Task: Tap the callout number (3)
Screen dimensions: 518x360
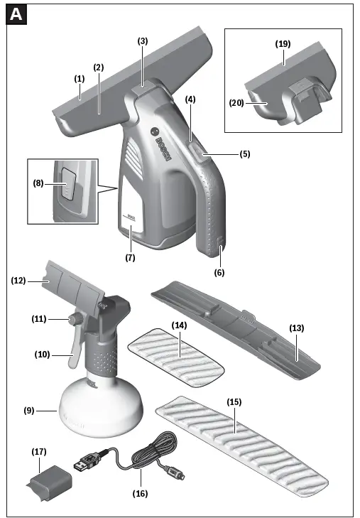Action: [143, 41]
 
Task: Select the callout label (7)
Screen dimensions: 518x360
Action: [130, 258]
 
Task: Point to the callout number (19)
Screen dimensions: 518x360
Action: [283, 43]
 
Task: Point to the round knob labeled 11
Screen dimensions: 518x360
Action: [72, 320]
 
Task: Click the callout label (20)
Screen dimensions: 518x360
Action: [237, 103]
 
